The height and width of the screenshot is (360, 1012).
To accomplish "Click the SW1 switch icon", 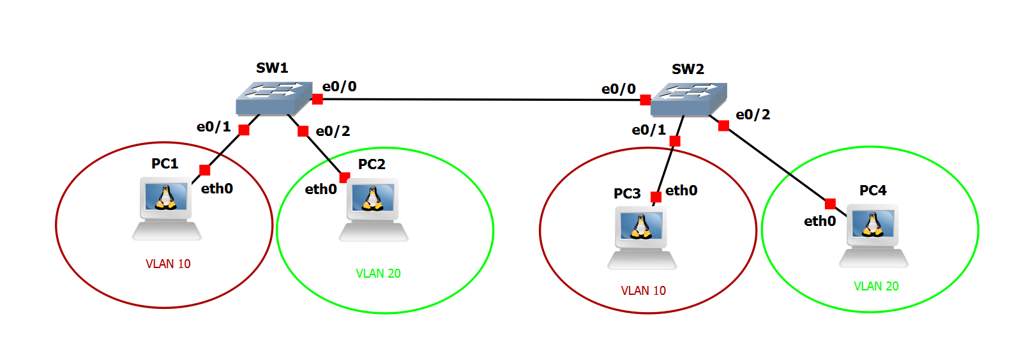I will [x=274, y=99].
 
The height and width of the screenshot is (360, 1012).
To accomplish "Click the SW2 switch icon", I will [x=688, y=100].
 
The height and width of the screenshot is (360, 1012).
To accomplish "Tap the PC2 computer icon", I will [x=374, y=210].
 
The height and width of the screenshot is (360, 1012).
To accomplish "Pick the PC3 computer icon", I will [x=642, y=238].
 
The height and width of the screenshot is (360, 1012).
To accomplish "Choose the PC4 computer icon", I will [x=873, y=236].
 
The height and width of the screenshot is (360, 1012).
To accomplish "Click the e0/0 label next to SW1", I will [x=340, y=86].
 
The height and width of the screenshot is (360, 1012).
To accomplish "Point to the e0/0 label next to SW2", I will [x=618, y=89].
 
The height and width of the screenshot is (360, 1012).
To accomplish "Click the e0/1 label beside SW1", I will [x=213, y=126].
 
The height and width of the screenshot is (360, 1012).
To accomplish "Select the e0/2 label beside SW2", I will [x=753, y=114].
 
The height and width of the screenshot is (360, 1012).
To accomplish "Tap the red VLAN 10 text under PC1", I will [x=168, y=264].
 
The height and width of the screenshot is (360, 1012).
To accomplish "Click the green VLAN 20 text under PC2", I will [x=378, y=273].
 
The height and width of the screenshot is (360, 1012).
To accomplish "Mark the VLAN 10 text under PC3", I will [x=643, y=290].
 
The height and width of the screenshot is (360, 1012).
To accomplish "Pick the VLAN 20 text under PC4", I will [x=876, y=286].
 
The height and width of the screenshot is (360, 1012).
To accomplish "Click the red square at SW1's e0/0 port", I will [x=317, y=99].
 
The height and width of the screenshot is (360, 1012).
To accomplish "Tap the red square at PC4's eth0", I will [x=830, y=204].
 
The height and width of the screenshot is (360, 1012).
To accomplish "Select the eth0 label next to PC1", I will [x=217, y=188].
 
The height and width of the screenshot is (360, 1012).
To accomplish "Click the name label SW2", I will [x=688, y=69].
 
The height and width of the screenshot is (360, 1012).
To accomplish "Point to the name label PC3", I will [x=627, y=193].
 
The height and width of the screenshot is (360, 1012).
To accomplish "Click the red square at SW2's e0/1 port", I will [x=675, y=141].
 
